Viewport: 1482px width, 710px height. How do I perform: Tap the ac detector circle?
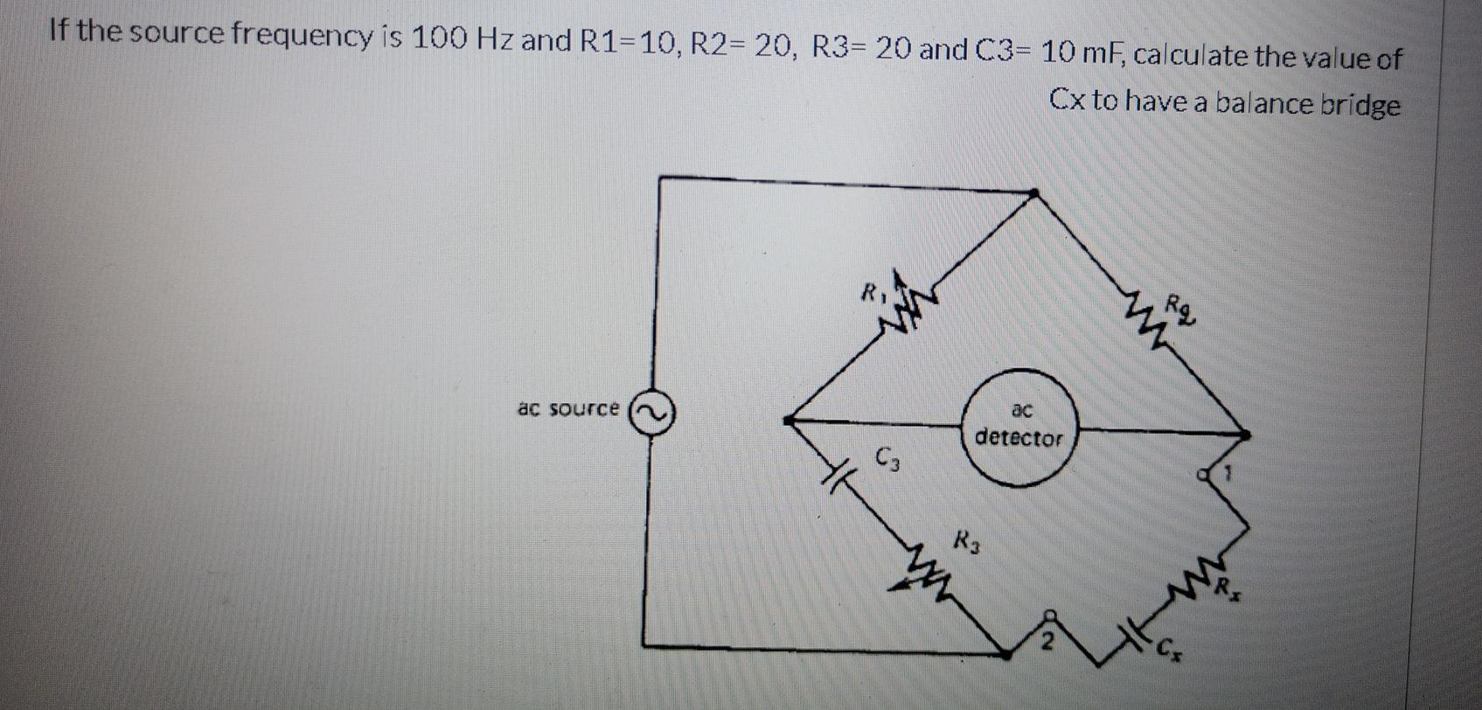tap(1019, 428)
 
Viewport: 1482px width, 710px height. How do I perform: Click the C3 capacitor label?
tap(887, 456)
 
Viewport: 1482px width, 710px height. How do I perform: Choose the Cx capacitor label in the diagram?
tap(1168, 650)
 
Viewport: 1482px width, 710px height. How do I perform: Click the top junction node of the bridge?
tap(1033, 192)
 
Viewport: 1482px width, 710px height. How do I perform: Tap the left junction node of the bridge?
tap(790, 421)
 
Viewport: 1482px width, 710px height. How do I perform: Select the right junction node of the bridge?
tap(1244, 432)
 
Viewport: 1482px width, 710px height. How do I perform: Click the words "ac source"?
tap(568, 408)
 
